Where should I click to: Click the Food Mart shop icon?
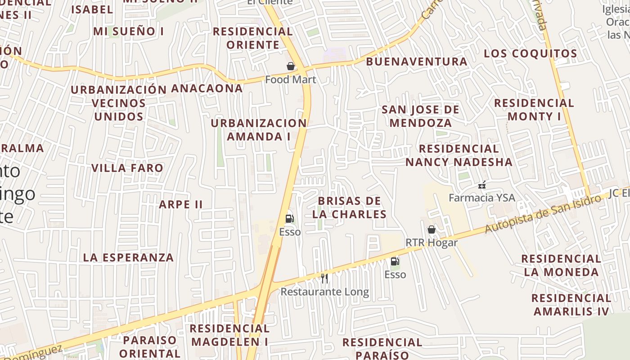click(291, 67)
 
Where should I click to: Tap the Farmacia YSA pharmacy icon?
click(482, 184)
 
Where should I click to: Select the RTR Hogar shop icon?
click(431, 230)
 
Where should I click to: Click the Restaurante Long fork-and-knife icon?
click(324, 279)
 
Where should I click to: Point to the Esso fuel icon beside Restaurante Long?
click(395, 261)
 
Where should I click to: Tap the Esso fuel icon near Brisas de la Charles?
click(290, 219)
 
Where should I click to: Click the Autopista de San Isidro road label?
click(543, 214)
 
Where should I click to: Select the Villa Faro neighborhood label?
click(127, 168)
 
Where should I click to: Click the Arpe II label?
click(181, 204)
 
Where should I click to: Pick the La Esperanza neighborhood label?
click(128, 257)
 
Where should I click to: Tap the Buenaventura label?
click(417, 62)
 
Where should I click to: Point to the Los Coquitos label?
click(530, 54)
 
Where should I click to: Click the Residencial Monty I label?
click(534, 110)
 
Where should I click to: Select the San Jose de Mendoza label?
click(421, 116)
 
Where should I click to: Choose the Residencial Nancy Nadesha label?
click(459, 155)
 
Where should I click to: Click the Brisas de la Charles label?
click(350, 207)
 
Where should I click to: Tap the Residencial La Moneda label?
click(561, 265)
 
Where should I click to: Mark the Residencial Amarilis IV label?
click(571, 305)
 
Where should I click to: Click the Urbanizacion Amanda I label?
click(259, 130)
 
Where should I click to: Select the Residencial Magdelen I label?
click(229, 335)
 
